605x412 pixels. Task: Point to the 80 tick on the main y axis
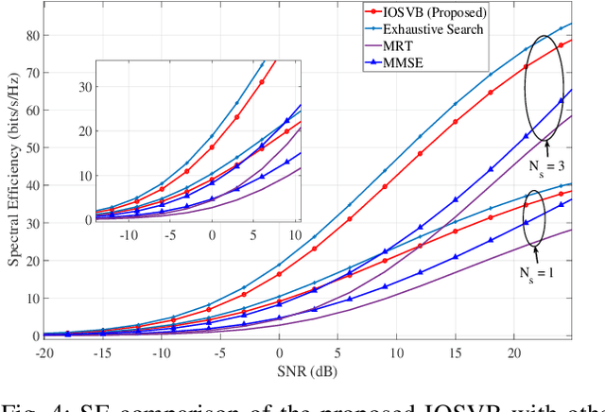tap(32, 36)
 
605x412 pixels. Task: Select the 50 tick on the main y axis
tap(32, 148)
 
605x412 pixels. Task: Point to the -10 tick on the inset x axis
tap(131, 232)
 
